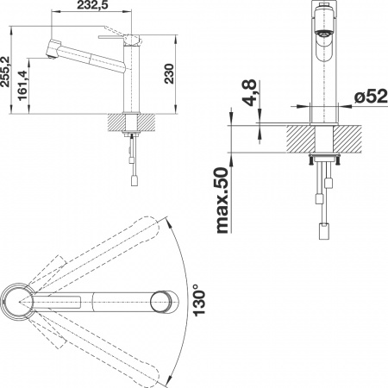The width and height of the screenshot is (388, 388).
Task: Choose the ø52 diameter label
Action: pos(366,97)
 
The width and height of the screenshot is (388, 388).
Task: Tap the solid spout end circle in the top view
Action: pos(161,301)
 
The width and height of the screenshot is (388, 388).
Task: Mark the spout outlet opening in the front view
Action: pos(322,33)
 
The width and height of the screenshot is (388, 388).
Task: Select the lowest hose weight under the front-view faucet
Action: pos(326,232)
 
